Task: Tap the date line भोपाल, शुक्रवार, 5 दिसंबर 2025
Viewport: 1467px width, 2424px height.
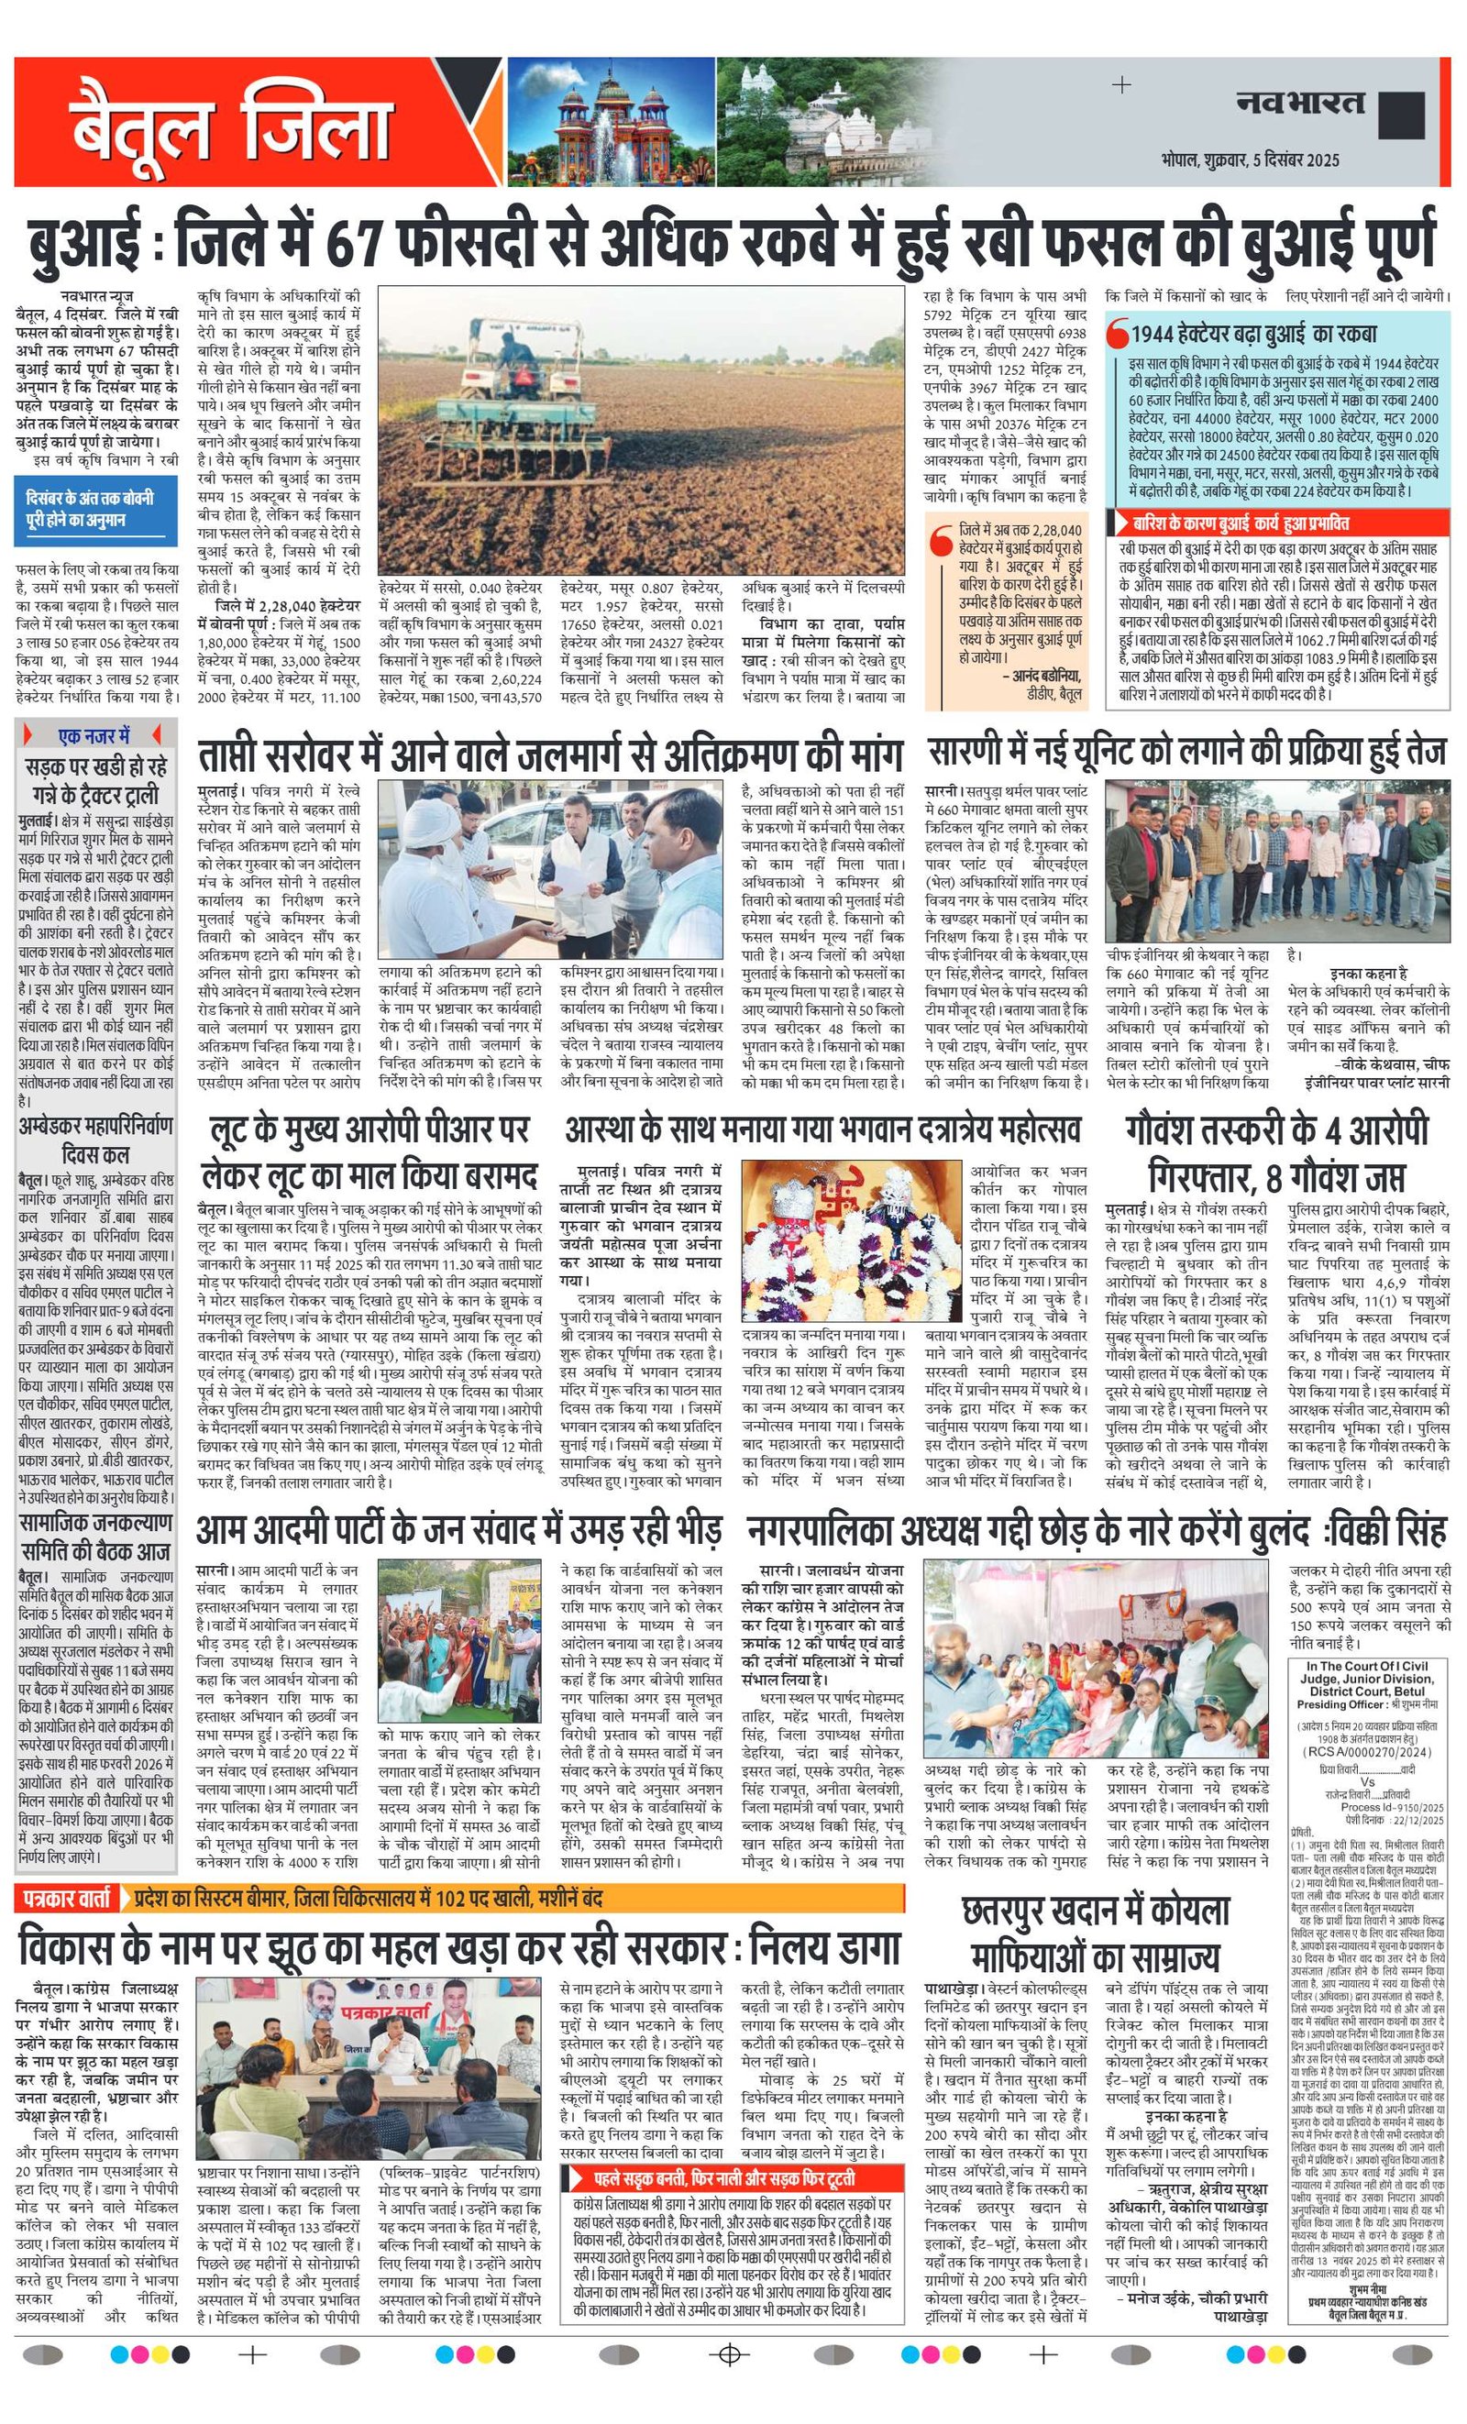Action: point(1249,160)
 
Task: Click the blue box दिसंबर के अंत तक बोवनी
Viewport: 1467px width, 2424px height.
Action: point(96,510)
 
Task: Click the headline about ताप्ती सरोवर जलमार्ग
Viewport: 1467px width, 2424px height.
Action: point(549,755)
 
